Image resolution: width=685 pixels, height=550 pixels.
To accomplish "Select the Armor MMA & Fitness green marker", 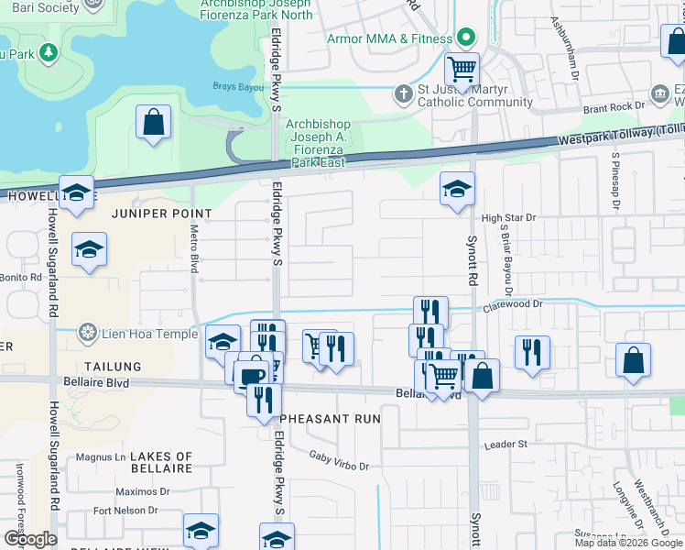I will [x=466, y=38].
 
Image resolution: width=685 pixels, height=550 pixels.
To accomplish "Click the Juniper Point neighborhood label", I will [x=162, y=214].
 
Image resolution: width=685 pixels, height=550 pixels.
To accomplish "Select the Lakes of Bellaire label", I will [x=161, y=462].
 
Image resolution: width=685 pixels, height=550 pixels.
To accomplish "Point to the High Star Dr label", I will [x=507, y=218].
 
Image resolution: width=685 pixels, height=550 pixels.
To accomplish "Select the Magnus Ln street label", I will [x=100, y=456].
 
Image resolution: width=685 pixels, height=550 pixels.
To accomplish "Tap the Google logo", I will [x=30, y=539].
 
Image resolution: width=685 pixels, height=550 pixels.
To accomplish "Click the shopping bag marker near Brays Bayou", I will [x=153, y=122].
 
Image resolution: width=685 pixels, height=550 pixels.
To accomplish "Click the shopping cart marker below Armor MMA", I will [x=462, y=69].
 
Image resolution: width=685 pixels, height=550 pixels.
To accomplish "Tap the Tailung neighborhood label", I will [x=116, y=367].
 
